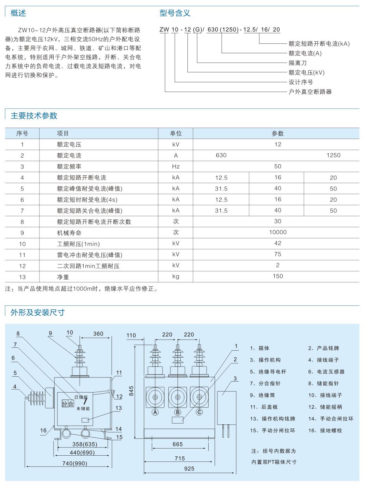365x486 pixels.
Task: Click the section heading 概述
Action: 18,13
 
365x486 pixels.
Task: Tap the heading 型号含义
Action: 175,13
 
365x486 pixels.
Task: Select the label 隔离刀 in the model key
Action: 298,63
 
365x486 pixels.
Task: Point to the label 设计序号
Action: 301,82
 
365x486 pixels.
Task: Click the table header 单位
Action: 176,133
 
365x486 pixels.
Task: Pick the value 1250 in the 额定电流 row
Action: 333,155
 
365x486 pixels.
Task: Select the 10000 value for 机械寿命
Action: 277,232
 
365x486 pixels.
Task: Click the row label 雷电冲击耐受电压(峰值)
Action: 90,255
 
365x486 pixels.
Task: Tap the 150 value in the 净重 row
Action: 277,276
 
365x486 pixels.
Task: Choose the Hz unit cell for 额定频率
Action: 176,166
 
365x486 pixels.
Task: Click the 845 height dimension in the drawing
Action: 131,391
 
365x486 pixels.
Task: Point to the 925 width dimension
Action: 189,469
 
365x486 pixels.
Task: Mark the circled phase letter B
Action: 178,412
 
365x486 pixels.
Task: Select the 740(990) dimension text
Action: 74,463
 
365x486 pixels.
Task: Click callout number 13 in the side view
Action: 119,408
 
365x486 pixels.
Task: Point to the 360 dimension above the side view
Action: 98,334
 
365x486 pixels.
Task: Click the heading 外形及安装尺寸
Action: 37,312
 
